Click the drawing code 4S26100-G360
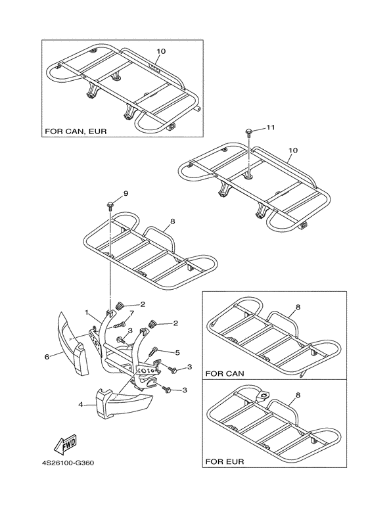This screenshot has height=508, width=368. (x=68, y=463)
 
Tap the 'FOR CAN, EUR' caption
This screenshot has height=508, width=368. (x=76, y=131)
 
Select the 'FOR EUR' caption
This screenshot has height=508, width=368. (x=225, y=461)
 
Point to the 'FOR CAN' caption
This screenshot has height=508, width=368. (x=225, y=373)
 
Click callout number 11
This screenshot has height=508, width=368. (x=271, y=127)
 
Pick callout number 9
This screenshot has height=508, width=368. (x=126, y=194)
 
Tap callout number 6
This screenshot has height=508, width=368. (x=47, y=356)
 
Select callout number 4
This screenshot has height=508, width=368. (x=80, y=404)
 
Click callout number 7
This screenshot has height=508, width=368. (x=131, y=313)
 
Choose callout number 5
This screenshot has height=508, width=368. (x=177, y=352)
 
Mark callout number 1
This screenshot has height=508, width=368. (x=87, y=312)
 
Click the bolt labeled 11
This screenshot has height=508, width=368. (x=248, y=131)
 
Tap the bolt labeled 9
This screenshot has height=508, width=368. (x=109, y=206)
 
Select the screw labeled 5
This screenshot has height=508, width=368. (x=153, y=352)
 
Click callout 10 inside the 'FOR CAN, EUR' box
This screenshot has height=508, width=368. (x=161, y=51)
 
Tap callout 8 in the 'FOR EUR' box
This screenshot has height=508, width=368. (x=298, y=395)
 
